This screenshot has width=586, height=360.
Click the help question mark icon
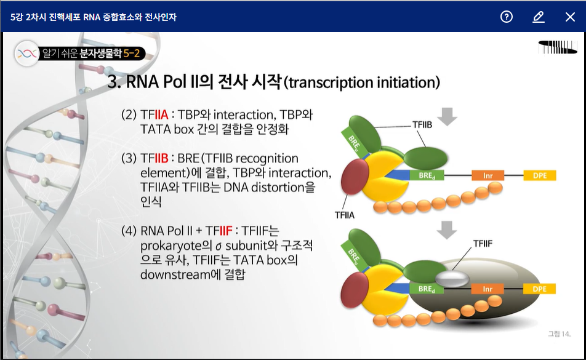(507, 17)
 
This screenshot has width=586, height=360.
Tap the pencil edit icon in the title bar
(539, 17)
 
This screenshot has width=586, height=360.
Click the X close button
(570, 17)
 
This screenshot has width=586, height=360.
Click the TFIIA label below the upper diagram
(345, 215)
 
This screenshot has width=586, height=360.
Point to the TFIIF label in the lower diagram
(483, 244)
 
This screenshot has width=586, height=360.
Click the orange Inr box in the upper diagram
(488, 175)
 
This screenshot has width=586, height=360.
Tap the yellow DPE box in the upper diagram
(540, 175)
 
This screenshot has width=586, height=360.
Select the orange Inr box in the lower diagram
(488, 289)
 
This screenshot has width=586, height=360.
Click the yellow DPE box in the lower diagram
(540, 289)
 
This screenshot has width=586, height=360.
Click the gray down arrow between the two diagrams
(446, 229)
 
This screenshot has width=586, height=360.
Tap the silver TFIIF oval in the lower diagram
(452, 279)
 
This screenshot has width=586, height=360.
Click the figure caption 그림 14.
(559, 334)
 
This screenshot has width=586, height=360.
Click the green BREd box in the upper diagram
(427, 175)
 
